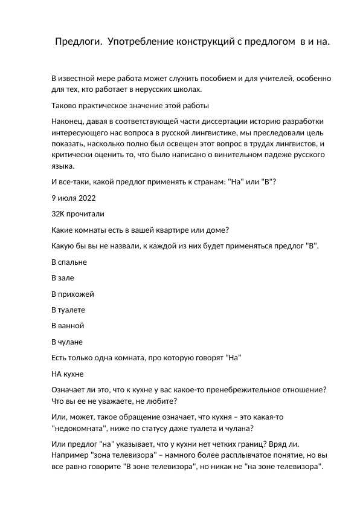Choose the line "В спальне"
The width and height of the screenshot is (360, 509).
coord(69,262)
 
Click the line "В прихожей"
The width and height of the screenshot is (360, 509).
coord(73,294)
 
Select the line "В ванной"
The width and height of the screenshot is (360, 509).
coord(68,325)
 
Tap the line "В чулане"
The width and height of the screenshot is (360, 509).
coord(67,341)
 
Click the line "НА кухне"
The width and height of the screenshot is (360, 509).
coord(68,373)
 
